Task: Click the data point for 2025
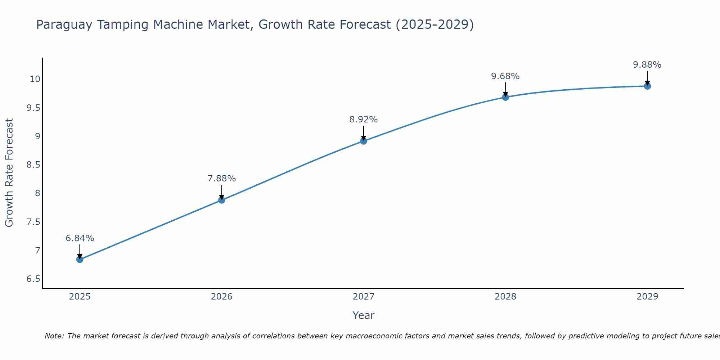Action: tap(80, 260)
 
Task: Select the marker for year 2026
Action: tap(222, 200)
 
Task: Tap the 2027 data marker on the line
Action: tap(364, 141)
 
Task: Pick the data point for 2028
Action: tap(505, 97)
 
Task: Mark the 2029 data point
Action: tap(647, 86)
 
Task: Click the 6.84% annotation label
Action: tap(80, 238)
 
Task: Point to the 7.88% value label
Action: tap(222, 179)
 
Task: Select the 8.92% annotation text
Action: tap(364, 120)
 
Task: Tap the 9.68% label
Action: tap(505, 76)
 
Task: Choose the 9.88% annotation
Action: tap(647, 65)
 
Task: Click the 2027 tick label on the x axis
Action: tap(364, 297)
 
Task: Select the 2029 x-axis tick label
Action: tap(647, 297)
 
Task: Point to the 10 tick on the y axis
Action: tap(35, 79)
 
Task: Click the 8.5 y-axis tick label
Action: tap(33, 165)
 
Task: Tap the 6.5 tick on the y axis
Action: tap(33, 279)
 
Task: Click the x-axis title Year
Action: tap(364, 315)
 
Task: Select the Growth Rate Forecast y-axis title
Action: tap(9, 173)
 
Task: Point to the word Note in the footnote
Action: tap(54, 336)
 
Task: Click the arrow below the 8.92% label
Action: tap(364, 133)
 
